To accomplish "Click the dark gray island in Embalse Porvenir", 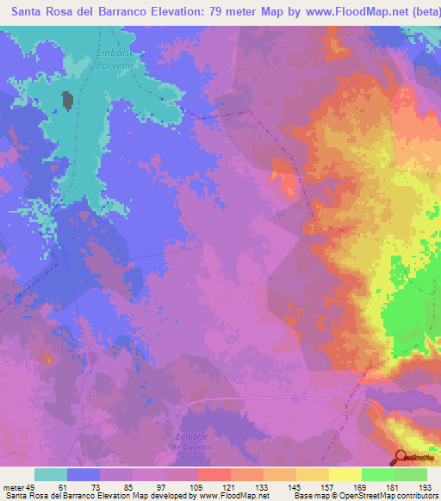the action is point(66,102).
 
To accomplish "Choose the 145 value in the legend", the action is point(295,487).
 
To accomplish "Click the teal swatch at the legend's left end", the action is point(50,474).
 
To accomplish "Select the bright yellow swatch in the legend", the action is point(345,474).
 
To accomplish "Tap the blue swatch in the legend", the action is point(83,474).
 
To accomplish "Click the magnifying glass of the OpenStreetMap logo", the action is point(401,458).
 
